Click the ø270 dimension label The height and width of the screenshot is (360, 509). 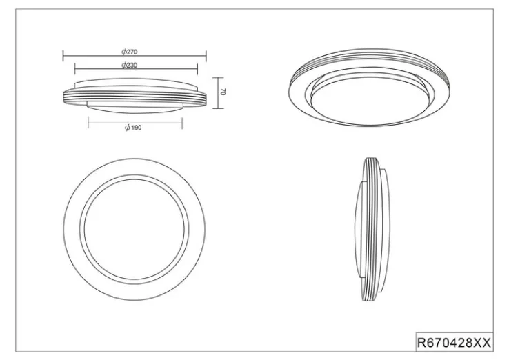(130, 52)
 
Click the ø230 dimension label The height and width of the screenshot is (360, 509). (130, 65)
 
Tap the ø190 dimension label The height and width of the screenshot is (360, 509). (133, 128)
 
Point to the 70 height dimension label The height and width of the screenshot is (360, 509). (223, 92)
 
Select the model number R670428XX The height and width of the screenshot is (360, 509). (454, 343)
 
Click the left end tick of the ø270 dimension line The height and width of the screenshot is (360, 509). (63, 56)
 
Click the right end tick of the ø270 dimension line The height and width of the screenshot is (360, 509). (206, 56)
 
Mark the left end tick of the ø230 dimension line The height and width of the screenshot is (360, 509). (75, 69)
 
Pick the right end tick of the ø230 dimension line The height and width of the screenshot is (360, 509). (197, 69)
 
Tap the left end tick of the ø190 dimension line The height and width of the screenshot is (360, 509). (88, 123)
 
